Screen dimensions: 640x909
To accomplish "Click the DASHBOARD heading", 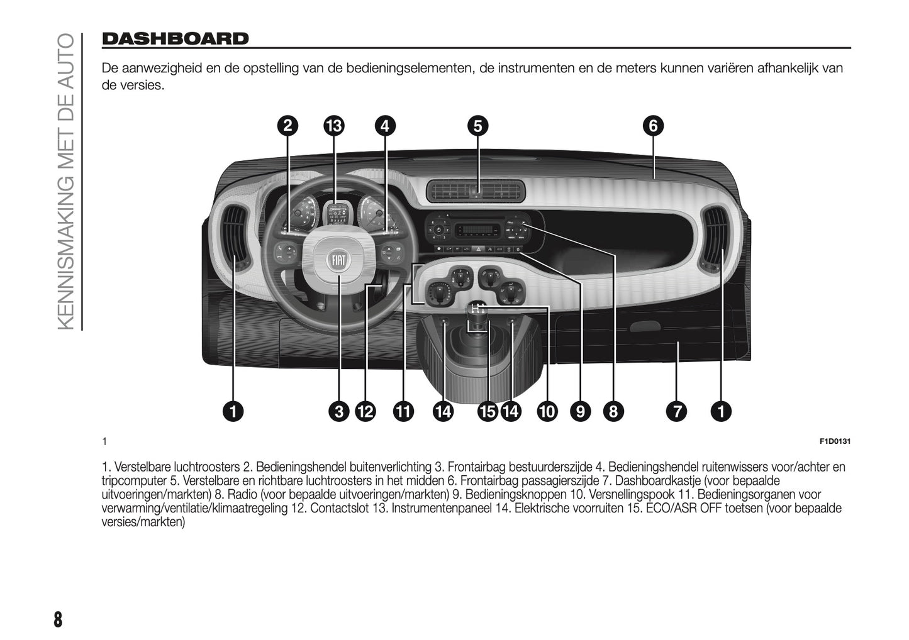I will tap(175, 39).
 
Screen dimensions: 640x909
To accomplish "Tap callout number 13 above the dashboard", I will tap(334, 126).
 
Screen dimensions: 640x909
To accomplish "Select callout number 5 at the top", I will tap(477, 126).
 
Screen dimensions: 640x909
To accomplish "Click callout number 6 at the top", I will tap(653, 126).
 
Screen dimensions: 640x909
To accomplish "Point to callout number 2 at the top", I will tap(287, 126).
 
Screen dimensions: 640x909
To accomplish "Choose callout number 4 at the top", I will tap(385, 126).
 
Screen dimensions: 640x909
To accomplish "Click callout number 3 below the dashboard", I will tap(339, 412).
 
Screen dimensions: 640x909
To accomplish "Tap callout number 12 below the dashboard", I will tap(365, 412).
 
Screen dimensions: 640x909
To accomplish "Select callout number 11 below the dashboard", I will tap(403, 412).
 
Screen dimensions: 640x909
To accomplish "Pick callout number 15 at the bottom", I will tap(487, 412).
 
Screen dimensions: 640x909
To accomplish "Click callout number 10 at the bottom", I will tap(547, 412).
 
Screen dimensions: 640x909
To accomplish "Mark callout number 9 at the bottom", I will tap(580, 412).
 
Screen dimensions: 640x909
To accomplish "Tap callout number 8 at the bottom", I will tap(613, 412).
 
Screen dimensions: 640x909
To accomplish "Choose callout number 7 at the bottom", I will tap(677, 412).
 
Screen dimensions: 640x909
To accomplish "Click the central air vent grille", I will tap(476, 192).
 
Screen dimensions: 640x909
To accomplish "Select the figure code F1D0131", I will tap(835, 441).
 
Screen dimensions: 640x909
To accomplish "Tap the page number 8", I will tap(58, 619).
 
